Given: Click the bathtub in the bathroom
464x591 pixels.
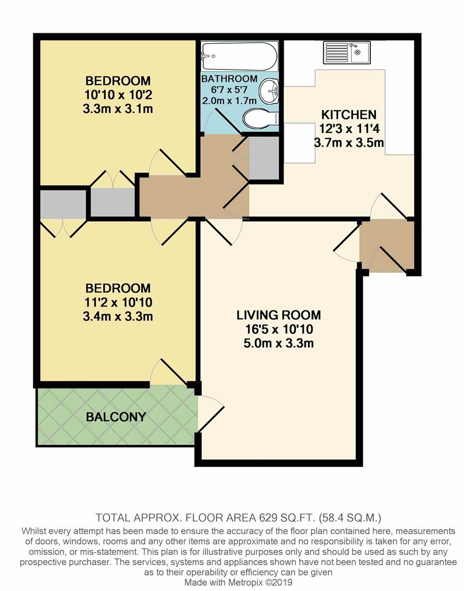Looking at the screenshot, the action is [240, 56].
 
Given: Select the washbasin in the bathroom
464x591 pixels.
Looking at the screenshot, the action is [269, 91].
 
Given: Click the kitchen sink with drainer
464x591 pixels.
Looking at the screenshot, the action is [347, 53].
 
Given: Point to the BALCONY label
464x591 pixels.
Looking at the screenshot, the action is [115, 417].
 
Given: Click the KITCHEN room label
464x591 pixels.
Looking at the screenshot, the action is [349, 114].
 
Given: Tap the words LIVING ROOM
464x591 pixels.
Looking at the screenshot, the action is [279, 315].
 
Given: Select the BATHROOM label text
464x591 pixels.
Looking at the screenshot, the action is [229, 79].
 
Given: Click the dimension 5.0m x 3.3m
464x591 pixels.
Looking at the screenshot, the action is [279, 343].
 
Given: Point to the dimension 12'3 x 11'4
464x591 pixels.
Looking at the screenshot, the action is [349, 129].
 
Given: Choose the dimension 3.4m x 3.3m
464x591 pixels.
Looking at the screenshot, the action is [118, 316].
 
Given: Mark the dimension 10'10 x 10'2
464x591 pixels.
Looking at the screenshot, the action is [118, 95].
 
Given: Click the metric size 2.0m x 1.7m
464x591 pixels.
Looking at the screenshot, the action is [229, 101].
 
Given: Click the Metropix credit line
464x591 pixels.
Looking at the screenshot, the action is [238, 582].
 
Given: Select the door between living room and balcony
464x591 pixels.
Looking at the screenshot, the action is [210, 414].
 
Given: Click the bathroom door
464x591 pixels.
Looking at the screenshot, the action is [222, 120].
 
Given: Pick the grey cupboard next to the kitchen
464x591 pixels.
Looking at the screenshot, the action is [264, 158].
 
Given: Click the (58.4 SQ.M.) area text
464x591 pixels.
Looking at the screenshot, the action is [350, 518].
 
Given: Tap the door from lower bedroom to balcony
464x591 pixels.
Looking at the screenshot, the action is [169, 372].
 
